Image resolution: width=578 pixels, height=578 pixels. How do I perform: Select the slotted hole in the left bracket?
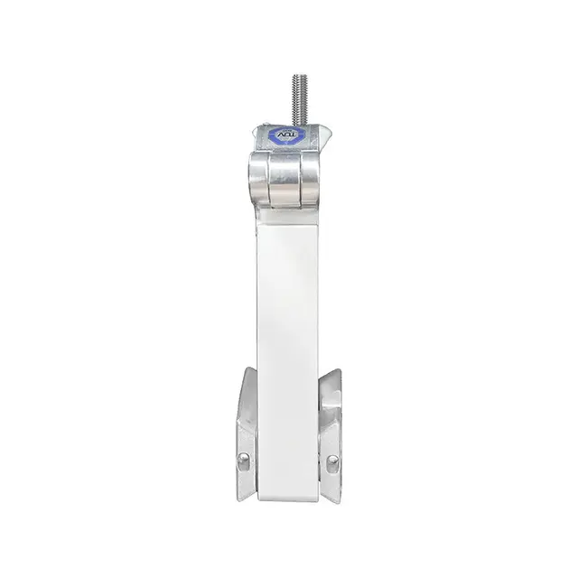(x=244, y=461)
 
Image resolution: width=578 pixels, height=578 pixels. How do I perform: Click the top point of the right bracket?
(x=336, y=369)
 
